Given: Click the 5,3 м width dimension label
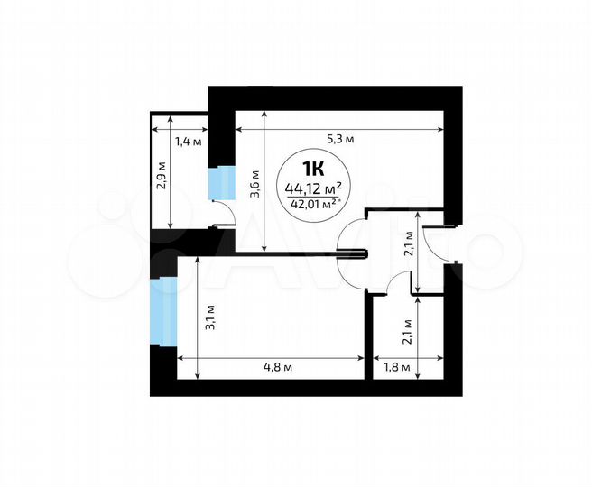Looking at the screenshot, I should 339,139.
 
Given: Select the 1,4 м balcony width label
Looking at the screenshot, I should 188,141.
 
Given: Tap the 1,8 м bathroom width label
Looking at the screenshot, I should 397,367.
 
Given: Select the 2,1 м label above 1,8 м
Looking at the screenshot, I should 408,333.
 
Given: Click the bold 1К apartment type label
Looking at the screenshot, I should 313,168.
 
